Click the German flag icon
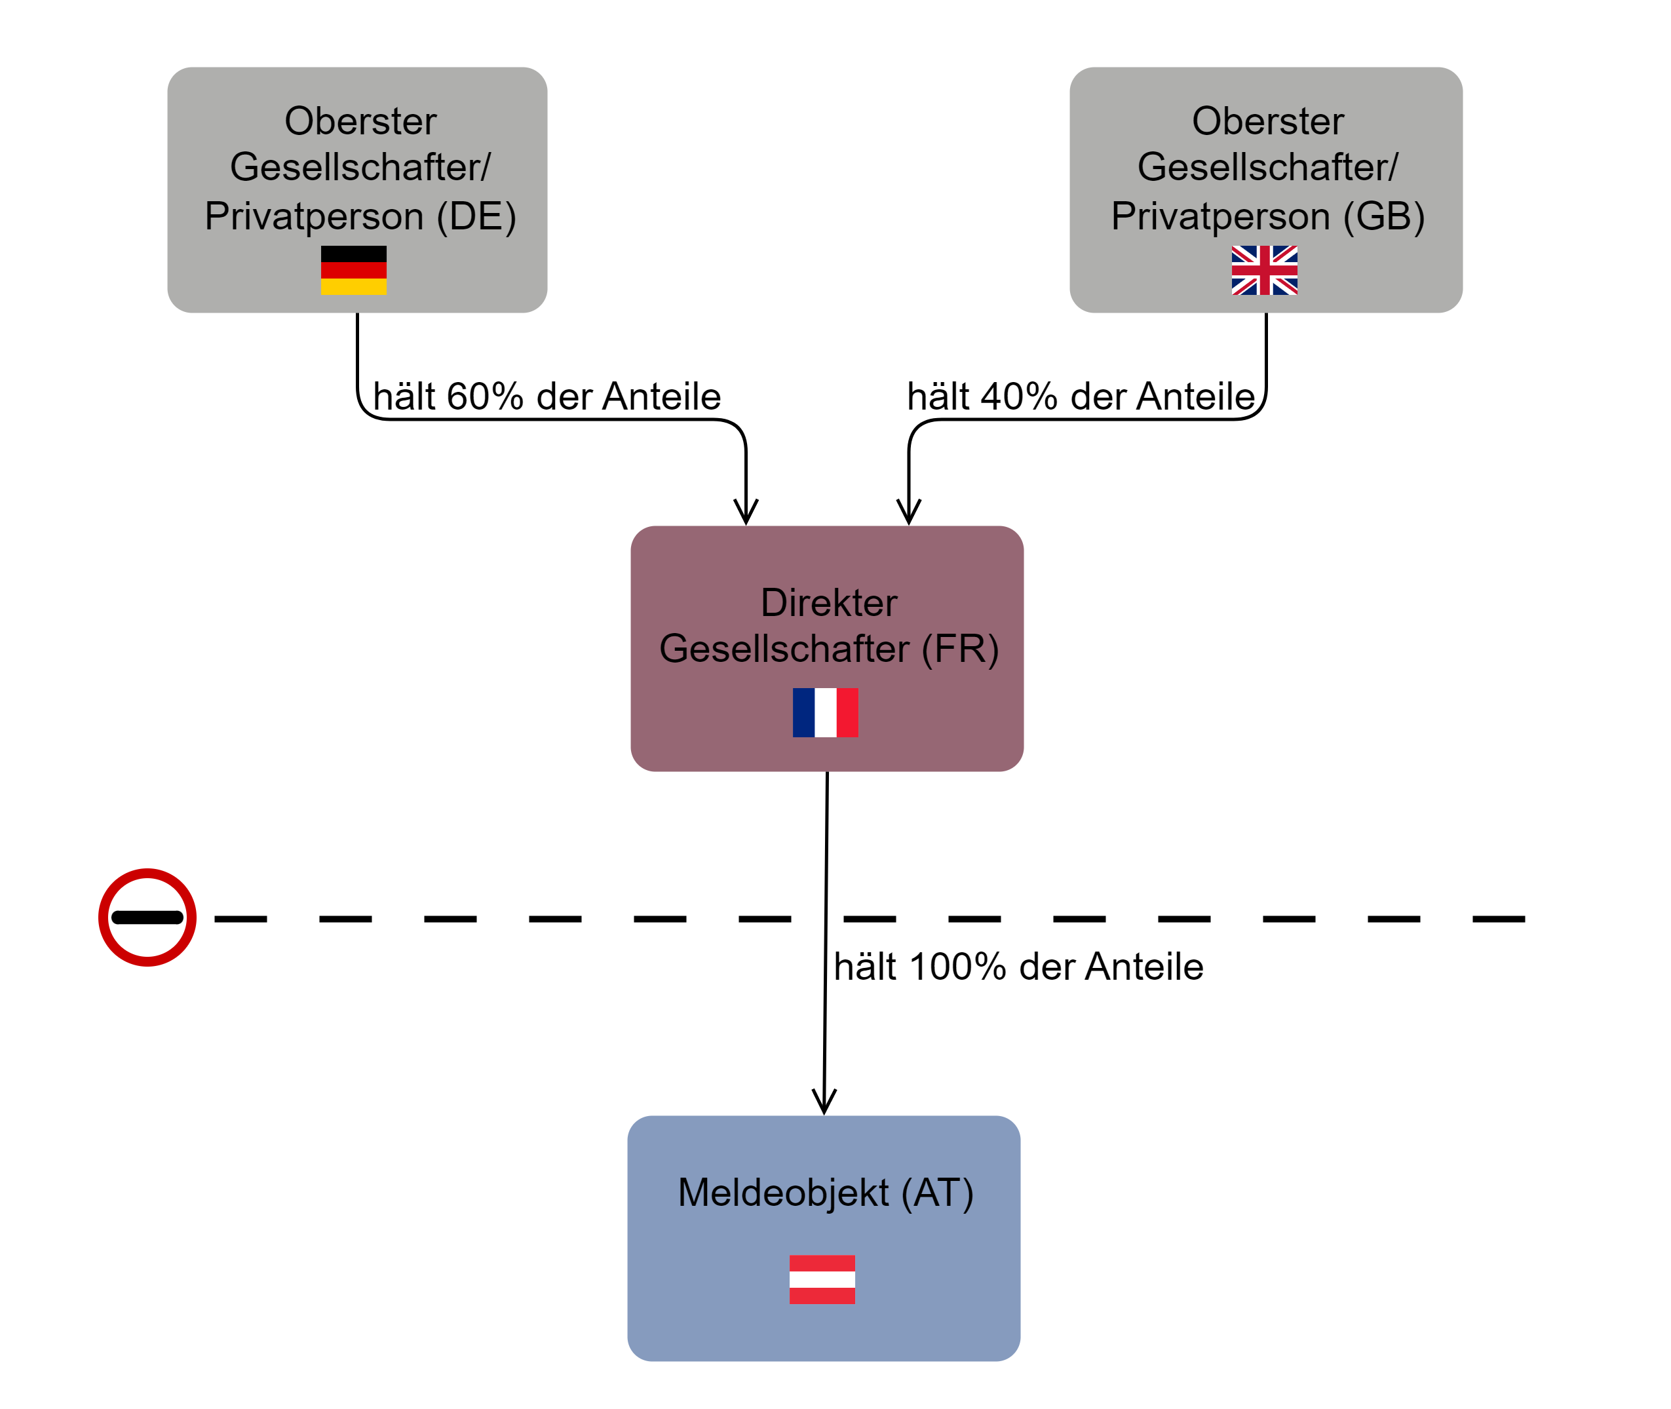click(x=353, y=270)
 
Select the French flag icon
click(x=825, y=712)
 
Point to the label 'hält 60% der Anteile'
click(x=547, y=396)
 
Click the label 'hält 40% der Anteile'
click(x=1081, y=396)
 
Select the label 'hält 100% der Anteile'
click(x=1018, y=967)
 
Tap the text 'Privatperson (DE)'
click(x=360, y=216)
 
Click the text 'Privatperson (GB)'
click(x=1267, y=216)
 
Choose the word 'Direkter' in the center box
click(x=828, y=602)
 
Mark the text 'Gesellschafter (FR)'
click(x=828, y=649)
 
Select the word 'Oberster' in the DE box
click(x=360, y=121)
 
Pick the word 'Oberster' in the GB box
click(x=1267, y=121)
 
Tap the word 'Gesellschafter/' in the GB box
click(x=1267, y=168)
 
